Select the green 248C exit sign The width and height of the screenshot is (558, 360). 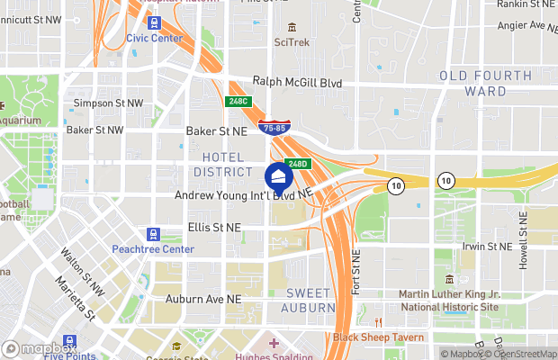pos(237,103)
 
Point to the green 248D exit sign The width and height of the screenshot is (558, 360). pos(300,164)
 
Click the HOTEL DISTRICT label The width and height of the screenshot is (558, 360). pos(221,165)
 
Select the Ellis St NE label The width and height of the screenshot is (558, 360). pos(214,228)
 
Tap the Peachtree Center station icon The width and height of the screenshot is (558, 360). pos(152,233)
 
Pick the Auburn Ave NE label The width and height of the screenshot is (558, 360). pos(203,298)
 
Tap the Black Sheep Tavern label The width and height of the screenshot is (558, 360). pos(379,337)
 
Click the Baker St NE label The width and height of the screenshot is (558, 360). pos(216,130)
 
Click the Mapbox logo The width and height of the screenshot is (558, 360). pos(40,346)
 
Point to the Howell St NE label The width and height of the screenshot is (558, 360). pos(523,256)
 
